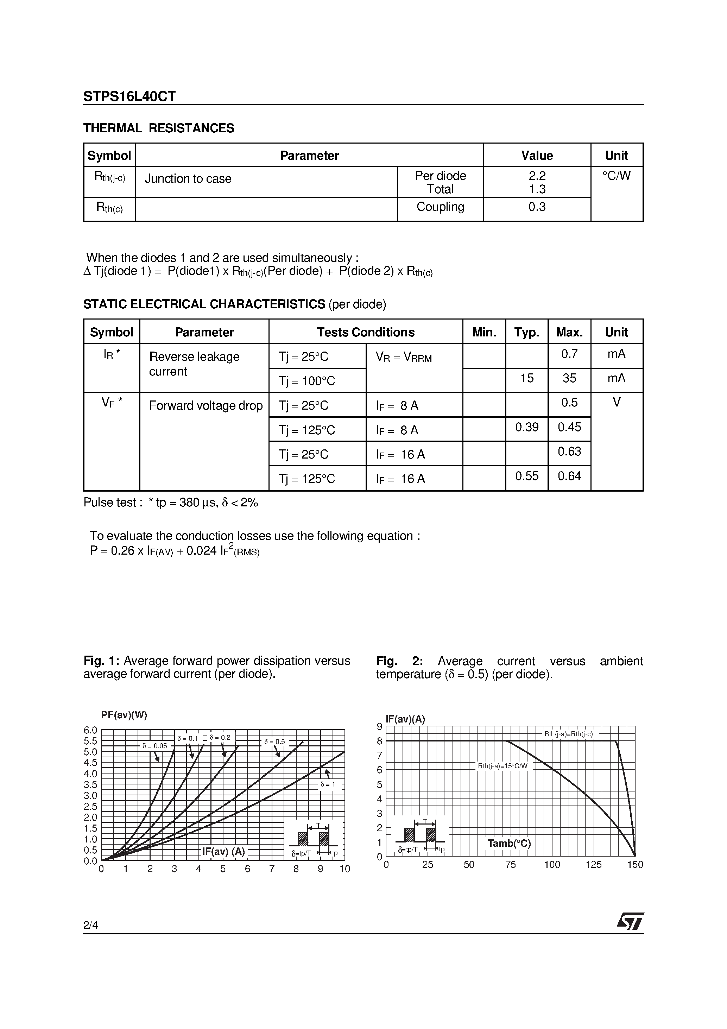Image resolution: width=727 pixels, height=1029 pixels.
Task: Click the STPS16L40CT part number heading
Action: point(129,96)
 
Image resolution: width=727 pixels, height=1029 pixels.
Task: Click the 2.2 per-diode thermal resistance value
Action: point(537,176)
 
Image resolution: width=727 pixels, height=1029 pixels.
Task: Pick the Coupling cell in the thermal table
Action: point(440,207)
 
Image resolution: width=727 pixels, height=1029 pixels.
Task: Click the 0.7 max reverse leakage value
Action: point(569,354)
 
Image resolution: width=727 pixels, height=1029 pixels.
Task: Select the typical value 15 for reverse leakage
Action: point(527,378)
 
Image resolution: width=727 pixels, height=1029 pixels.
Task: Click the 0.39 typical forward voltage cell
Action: point(527,427)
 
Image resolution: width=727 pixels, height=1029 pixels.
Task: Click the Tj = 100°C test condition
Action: point(307,381)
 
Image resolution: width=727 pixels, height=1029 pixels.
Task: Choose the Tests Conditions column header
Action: point(365,332)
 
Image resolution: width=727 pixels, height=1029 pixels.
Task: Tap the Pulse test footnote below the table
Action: point(171,503)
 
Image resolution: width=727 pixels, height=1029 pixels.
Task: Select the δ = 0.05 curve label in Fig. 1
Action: point(154,746)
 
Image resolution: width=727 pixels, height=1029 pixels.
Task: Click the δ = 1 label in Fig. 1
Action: point(328,785)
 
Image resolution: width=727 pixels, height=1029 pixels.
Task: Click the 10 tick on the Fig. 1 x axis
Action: point(344,869)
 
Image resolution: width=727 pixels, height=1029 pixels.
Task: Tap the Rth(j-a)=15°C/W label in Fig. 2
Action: point(502,766)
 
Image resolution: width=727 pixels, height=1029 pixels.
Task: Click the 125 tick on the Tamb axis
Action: point(593,865)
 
